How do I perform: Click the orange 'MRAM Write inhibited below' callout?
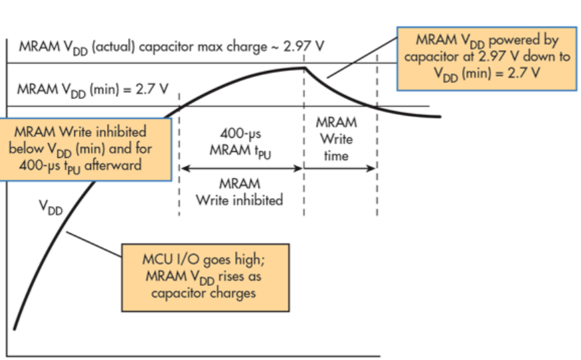[85, 148]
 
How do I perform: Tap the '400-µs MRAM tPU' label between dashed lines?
[241, 143]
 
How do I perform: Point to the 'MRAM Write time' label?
[336, 139]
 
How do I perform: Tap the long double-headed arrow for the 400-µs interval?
[242, 169]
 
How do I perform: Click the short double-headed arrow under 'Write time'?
[340, 169]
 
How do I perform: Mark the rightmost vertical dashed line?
[377, 134]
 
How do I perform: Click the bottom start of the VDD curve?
[14, 328]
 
